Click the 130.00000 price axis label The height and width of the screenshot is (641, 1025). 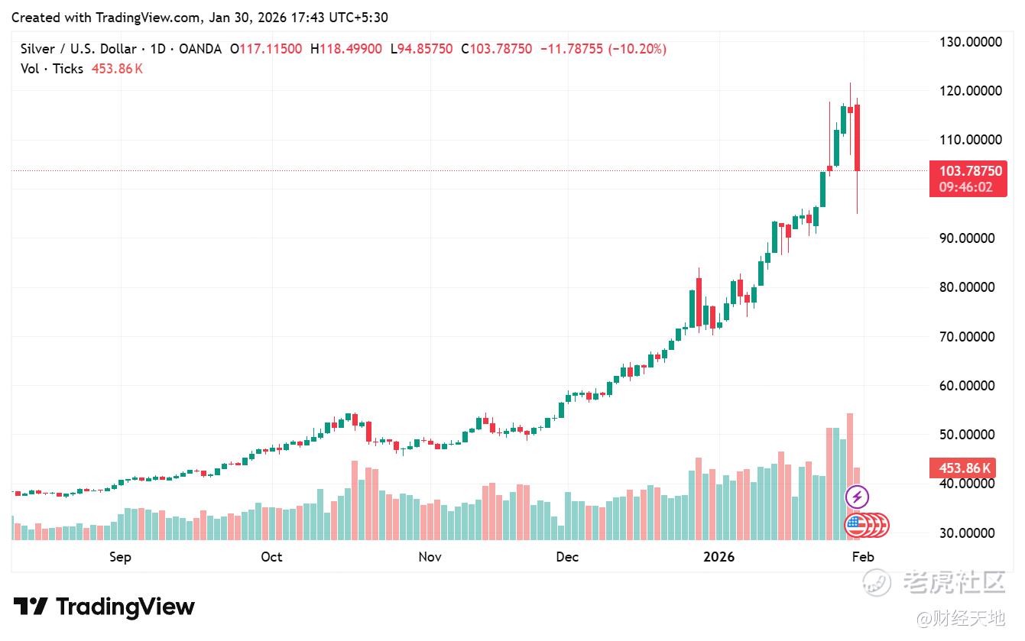(x=970, y=42)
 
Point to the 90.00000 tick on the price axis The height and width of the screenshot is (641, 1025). (x=970, y=238)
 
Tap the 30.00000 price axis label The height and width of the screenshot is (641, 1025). (x=970, y=533)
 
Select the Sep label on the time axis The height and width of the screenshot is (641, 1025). (x=120, y=557)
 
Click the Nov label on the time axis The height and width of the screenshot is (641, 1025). (x=430, y=557)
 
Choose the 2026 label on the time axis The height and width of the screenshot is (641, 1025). (x=718, y=557)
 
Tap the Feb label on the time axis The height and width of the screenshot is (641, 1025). (x=862, y=557)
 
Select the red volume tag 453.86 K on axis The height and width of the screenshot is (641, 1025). (x=960, y=468)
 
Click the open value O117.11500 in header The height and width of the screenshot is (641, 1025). (x=270, y=49)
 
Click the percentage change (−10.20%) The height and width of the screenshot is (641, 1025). (x=637, y=49)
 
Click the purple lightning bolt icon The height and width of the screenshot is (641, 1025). (x=857, y=497)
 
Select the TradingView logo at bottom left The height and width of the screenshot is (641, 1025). (x=105, y=607)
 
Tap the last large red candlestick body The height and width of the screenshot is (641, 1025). (x=857, y=138)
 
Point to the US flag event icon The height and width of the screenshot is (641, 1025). (x=855, y=525)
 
